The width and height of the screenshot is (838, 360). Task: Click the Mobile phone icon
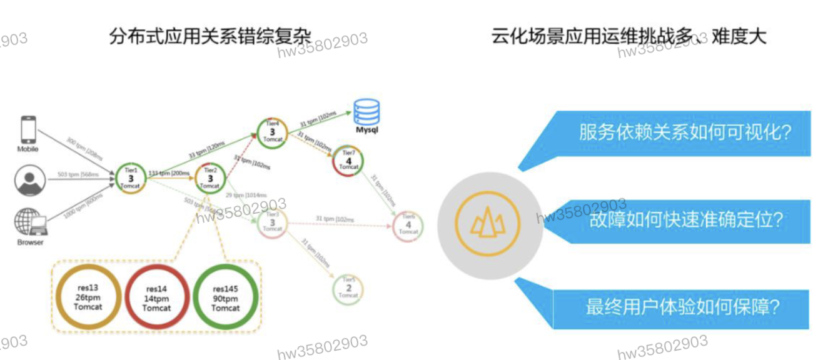click(x=28, y=129)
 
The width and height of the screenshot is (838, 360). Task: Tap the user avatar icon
click(x=29, y=181)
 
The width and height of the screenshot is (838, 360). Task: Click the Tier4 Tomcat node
click(x=272, y=131)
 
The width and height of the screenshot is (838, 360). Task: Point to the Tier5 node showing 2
click(x=348, y=289)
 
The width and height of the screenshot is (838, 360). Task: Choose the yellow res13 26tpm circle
click(x=88, y=297)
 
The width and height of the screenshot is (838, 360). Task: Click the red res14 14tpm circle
click(x=156, y=298)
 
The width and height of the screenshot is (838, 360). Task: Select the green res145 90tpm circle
click(x=225, y=298)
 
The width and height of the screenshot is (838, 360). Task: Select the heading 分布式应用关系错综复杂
click(x=210, y=36)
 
